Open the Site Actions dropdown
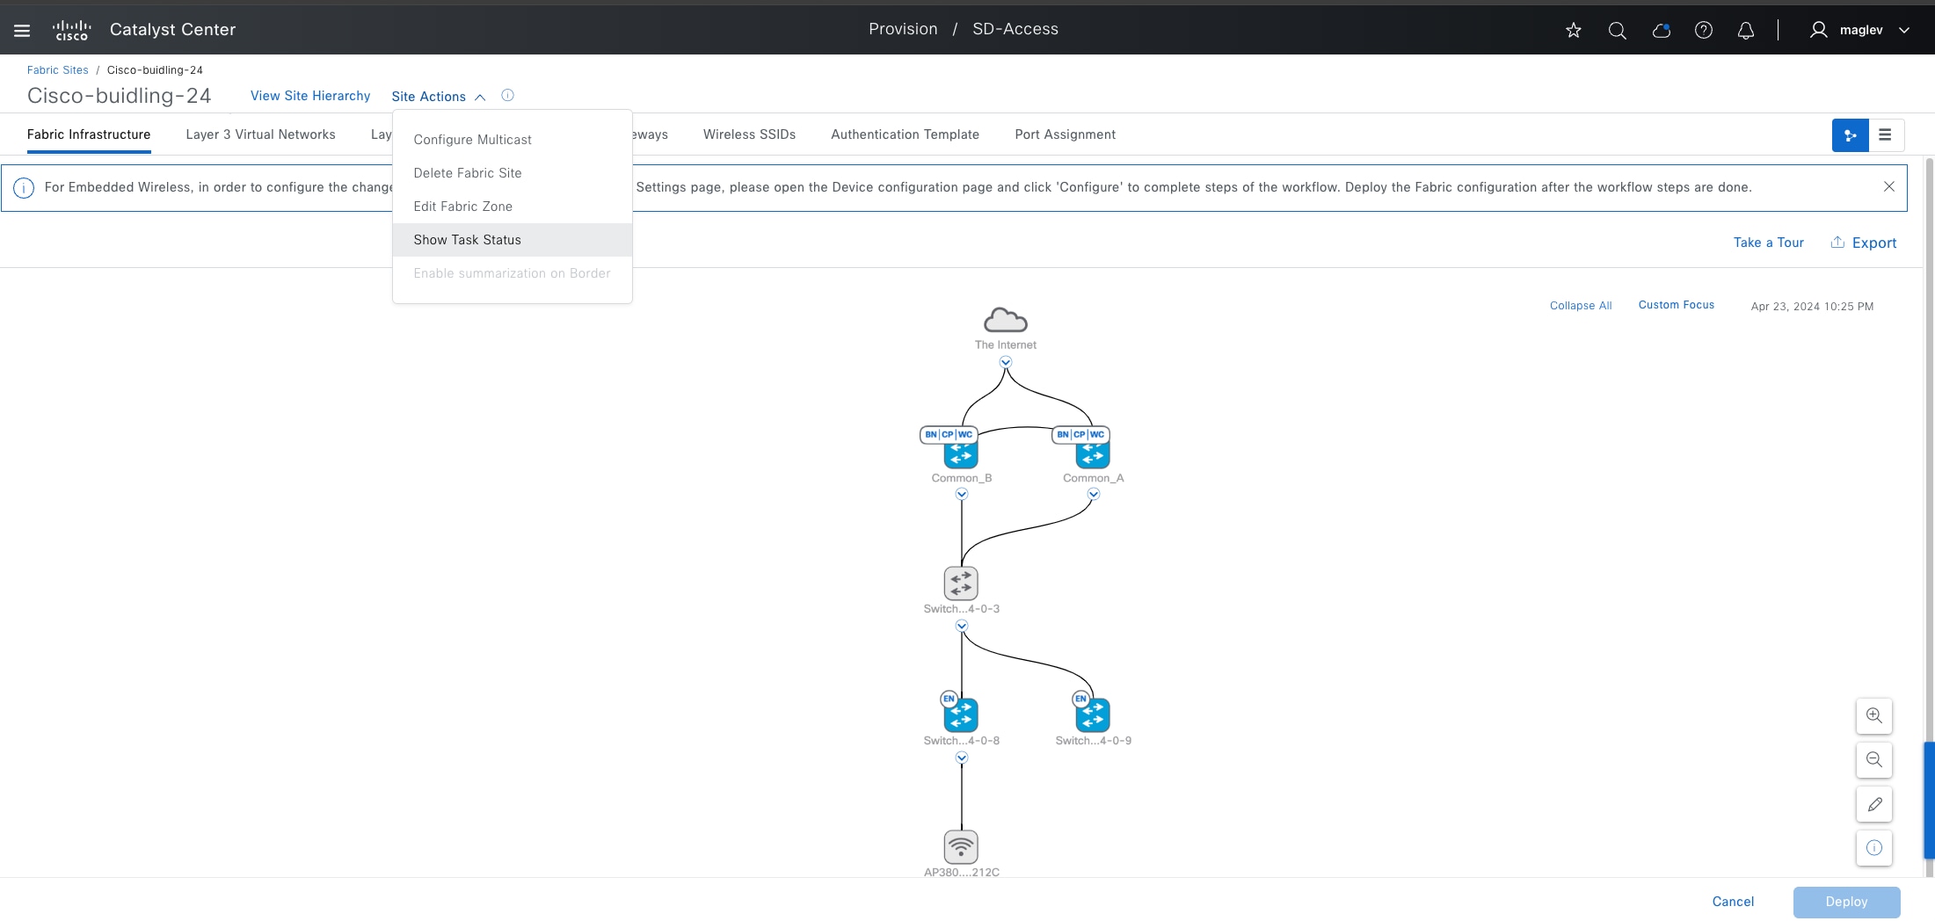pos(438,97)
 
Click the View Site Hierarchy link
pos(310,96)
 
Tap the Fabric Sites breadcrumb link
pos(57,70)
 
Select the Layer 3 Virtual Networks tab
pos(260,134)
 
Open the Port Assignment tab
pos(1065,134)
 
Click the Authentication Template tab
pos(905,134)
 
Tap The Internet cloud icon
pos(1006,320)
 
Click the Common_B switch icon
pos(961,453)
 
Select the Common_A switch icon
pos(1093,453)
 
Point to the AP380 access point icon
pos(961,847)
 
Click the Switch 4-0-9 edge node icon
pos(1093,715)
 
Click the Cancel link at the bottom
pos(1733,902)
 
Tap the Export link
pos(1864,243)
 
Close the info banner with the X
pos(1888,186)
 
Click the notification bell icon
pos(1746,30)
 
